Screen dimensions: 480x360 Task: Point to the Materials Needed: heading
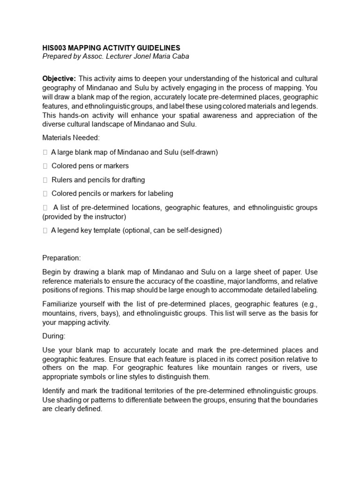(71, 138)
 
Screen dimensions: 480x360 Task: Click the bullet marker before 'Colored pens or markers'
(45, 166)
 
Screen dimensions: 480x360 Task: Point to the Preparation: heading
(61, 258)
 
